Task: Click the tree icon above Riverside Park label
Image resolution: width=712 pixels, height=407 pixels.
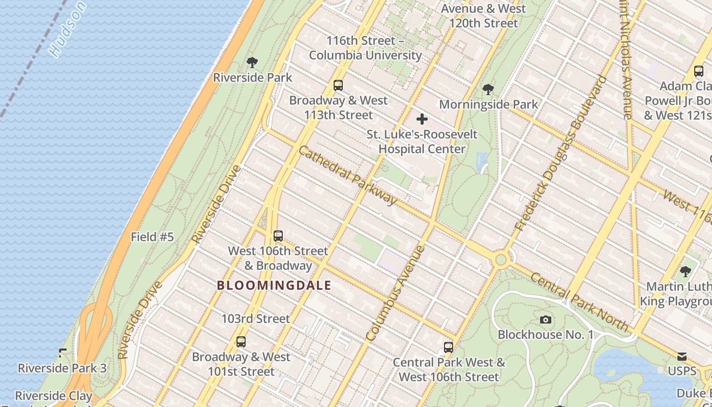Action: click(x=252, y=63)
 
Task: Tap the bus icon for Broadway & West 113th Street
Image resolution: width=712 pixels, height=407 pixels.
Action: click(x=338, y=85)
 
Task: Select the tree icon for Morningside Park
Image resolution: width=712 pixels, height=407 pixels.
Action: click(x=488, y=90)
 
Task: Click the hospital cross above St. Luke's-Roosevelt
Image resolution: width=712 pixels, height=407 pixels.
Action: click(x=422, y=120)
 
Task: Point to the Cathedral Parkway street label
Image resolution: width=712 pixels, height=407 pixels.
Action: click(x=348, y=175)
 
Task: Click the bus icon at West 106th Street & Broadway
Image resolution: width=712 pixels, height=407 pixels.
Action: click(x=278, y=236)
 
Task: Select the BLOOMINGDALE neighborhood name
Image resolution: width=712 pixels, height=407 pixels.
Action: click(x=274, y=285)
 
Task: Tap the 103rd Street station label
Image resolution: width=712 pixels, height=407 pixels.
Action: click(x=255, y=319)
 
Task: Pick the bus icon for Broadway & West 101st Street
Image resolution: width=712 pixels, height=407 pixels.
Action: click(x=241, y=342)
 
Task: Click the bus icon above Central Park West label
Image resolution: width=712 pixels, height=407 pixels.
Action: click(x=448, y=347)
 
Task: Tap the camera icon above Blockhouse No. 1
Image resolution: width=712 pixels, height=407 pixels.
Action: click(x=546, y=320)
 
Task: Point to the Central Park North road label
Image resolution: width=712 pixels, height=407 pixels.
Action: click(x=579, y=302)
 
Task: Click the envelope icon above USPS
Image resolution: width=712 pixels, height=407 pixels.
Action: click(x=681, y=357)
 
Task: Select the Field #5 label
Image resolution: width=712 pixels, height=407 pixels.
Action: click(x=152, y=237)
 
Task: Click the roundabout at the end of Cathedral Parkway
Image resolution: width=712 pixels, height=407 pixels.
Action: click(x=501, y=260)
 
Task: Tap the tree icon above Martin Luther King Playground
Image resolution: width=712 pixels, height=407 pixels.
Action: click(x=686, y=271)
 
